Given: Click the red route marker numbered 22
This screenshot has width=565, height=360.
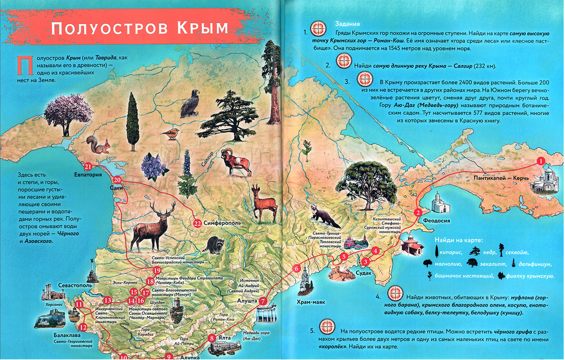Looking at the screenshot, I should (x=197, y=223).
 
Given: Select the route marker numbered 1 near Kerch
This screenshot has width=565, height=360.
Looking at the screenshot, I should (x=541, y=161).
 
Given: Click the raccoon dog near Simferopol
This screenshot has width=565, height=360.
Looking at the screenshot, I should (x=214, y=244).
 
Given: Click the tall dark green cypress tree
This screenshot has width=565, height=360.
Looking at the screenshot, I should (x=133, y=120).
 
